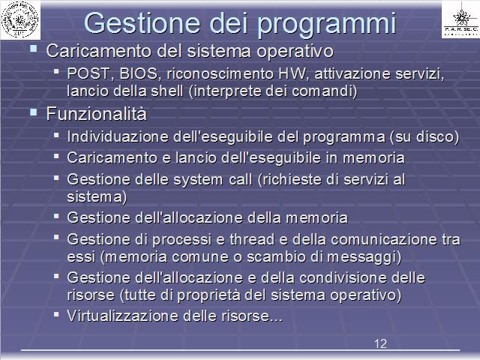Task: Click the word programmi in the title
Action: click(327, 24)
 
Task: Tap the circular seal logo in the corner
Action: click(20, 20)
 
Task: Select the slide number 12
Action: click(380, 343)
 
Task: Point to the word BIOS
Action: click(139, 73)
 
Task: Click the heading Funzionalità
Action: click(97, 114)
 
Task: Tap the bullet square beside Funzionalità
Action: click(33, 112)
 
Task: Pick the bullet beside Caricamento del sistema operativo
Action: click(33, 48)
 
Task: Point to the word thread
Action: click(252, 239)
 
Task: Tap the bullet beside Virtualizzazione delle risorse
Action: click(56, 314)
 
